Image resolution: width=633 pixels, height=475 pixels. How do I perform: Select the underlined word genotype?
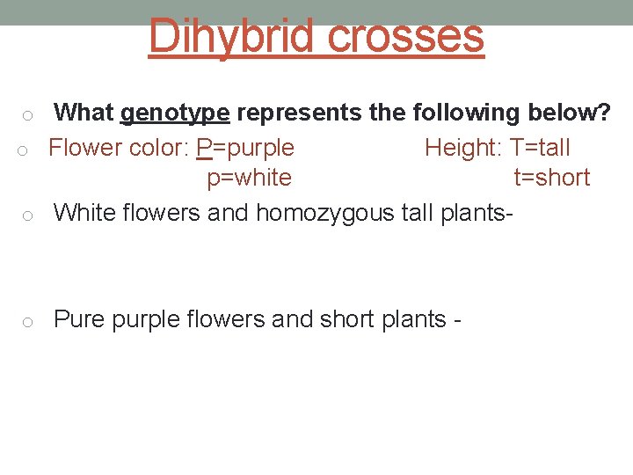175,113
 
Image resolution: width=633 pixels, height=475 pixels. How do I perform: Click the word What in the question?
84,113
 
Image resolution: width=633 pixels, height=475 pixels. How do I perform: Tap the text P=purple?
245,147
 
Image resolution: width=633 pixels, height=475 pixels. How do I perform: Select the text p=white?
249,178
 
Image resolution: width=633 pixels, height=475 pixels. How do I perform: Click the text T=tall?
534,147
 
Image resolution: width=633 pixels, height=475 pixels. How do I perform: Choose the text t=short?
551,178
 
